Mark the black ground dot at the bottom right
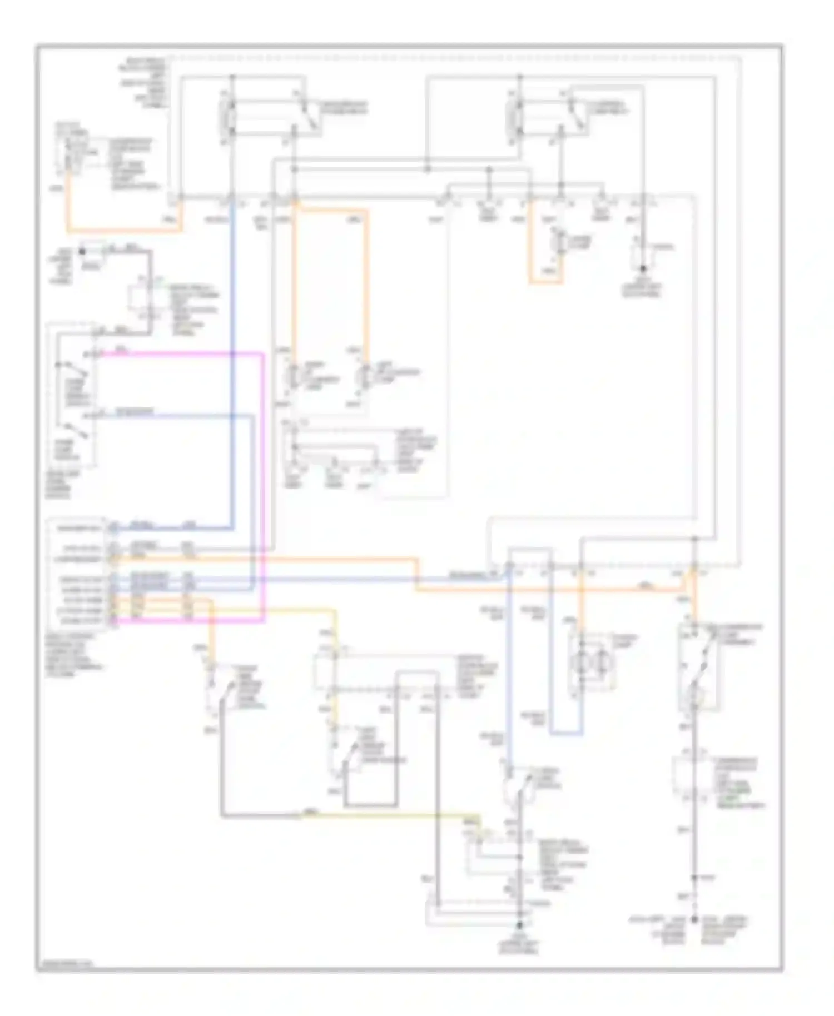[x=694, y=920]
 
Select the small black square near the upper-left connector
[x=82, y=252]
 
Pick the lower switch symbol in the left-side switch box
[x=71, y=430]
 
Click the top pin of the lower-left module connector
[x=113, y=526]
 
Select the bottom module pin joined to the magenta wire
[x=113, y=621]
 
